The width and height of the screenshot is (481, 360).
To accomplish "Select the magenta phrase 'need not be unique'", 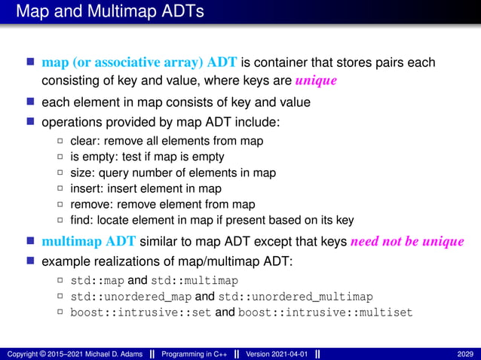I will point(408,242).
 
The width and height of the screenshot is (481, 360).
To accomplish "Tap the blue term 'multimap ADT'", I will point(89,242).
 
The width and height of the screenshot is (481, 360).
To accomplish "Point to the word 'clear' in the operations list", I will point(83,141).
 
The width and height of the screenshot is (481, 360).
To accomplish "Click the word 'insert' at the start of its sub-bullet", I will point(84,188).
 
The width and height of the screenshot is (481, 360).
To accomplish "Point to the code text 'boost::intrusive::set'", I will point(141,313).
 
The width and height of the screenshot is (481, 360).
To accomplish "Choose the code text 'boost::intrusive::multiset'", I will point(325,313).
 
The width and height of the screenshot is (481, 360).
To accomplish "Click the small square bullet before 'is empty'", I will point(60,157).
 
